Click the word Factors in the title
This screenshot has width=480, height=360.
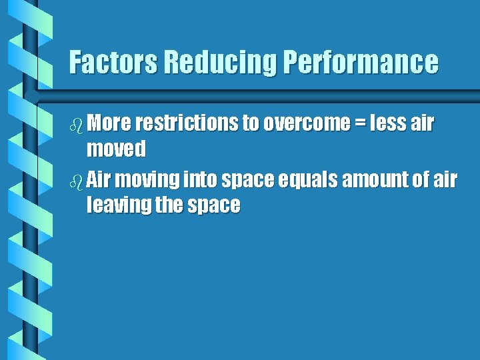113,63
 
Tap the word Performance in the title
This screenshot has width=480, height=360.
361,63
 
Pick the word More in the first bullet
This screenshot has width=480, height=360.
109,123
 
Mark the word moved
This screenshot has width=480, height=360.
116,149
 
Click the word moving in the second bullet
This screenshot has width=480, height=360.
146,179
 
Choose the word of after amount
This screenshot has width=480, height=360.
419,179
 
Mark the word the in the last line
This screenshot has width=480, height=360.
170,205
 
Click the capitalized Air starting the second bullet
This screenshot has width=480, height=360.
99,179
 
